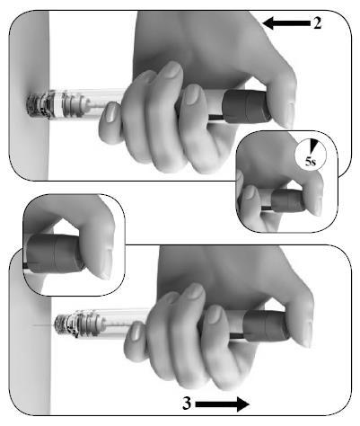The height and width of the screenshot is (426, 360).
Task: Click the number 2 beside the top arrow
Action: (x=318, y=22)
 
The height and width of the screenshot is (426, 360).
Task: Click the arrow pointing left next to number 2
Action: (x=286, y=23)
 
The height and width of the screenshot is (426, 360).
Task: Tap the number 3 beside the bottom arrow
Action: (x=187, y=404)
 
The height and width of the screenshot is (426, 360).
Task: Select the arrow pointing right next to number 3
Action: (x=223, y=404)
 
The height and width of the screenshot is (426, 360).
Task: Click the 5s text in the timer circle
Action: (x=311, y=162)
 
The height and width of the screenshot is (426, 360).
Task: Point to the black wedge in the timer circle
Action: (x=313, y=146)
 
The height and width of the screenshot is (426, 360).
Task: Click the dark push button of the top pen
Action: (x=247, y=106)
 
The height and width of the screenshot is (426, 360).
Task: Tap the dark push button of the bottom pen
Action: (x=266, y=326)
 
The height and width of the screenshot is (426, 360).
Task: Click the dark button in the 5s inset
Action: (x=287, y=200)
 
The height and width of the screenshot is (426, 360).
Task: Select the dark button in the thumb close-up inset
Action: (x=54, y=253)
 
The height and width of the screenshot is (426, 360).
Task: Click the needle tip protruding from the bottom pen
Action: (x=33, y=325)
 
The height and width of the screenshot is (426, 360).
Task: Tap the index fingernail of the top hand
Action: (x=171, y=70)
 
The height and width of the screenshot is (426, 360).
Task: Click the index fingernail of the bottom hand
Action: (x=194, y=291)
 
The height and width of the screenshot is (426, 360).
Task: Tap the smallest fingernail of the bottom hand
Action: (x=137, y=332)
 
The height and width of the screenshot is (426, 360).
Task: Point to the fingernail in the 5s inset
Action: (x=249, y=192)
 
